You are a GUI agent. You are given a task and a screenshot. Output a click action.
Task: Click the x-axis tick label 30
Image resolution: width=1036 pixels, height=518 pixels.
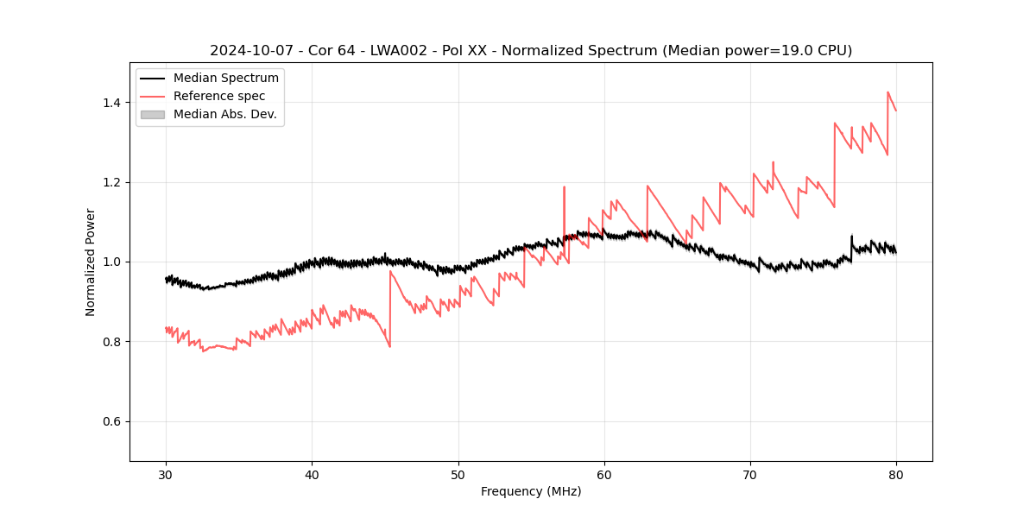pyautogui.click(x=166, y=475)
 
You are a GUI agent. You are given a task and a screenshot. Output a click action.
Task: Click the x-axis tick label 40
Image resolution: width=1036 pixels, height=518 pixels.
pyautogui.click(x=312, y=475)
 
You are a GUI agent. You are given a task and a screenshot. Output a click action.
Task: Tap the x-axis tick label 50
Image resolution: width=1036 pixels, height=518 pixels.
pyautogui.click(x=458, y=475)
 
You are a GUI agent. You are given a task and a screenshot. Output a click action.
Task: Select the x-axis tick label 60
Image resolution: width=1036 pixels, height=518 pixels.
pyautogui.click(x=604, y=475)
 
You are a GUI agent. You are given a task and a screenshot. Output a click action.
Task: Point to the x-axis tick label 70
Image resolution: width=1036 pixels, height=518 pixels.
pyautogui.click(x=750, y=475)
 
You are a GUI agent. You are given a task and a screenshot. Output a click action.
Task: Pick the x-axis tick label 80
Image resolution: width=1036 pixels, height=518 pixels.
pyautogui.click(x=896, y=475)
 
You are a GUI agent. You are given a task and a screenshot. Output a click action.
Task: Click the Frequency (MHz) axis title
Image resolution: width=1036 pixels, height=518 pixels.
pyautogui.click(x=531, y=491)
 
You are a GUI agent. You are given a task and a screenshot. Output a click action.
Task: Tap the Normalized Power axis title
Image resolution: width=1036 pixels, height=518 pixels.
pyautogui.click(x=91, y=262)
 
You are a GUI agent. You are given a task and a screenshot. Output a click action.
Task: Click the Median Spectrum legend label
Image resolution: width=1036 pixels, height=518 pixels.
pyautogui.click(x=225, y=79)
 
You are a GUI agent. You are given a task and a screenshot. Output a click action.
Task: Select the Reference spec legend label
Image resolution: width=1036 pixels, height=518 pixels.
pyautogui.click(x=219, y=96)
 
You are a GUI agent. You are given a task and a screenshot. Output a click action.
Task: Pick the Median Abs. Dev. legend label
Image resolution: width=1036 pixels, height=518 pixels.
pyautogui.click(x=224, y=114)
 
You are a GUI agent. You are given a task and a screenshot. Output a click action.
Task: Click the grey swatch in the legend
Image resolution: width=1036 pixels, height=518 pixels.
pyautogui.click(x=152, y=114)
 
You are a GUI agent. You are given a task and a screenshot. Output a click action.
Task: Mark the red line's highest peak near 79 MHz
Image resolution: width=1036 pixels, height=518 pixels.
pyautogui.click(x=888, y=92)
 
